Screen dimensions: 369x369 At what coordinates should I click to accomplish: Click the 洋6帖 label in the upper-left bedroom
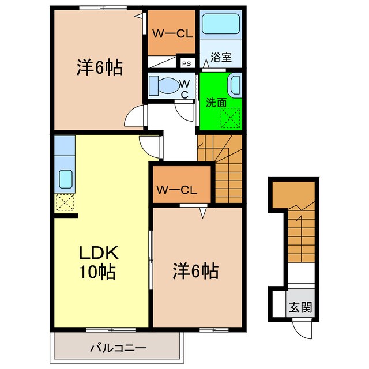click(98, 68)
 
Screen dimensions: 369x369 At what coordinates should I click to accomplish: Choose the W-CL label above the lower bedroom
click(177, 190)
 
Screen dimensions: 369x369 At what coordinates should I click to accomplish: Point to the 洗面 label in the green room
click(216, 102)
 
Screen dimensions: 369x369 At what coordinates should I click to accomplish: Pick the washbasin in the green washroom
click(235, 85)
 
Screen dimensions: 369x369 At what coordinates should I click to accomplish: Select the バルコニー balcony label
click(118, 348)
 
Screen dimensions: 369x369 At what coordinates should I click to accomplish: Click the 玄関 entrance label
click(300, 307)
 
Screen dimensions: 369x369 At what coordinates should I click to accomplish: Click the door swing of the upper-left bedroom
click(133, 115)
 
